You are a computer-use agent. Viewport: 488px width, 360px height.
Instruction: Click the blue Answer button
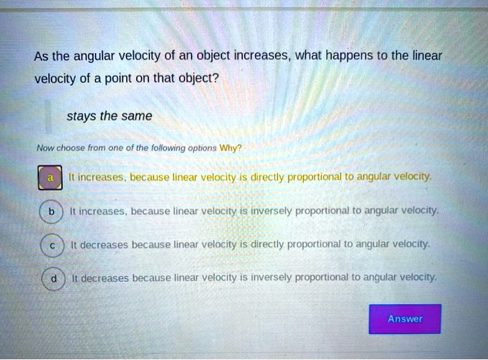point(405,319)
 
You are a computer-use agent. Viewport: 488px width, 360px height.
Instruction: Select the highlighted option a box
point(49,179)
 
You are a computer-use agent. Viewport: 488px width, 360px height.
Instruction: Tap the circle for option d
point(53,278)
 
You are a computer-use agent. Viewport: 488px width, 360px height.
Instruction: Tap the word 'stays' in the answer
point(81,117)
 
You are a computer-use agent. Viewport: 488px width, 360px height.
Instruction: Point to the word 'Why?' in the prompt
point(229,149)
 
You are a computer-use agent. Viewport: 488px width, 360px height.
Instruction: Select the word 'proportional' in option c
point(312,244)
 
